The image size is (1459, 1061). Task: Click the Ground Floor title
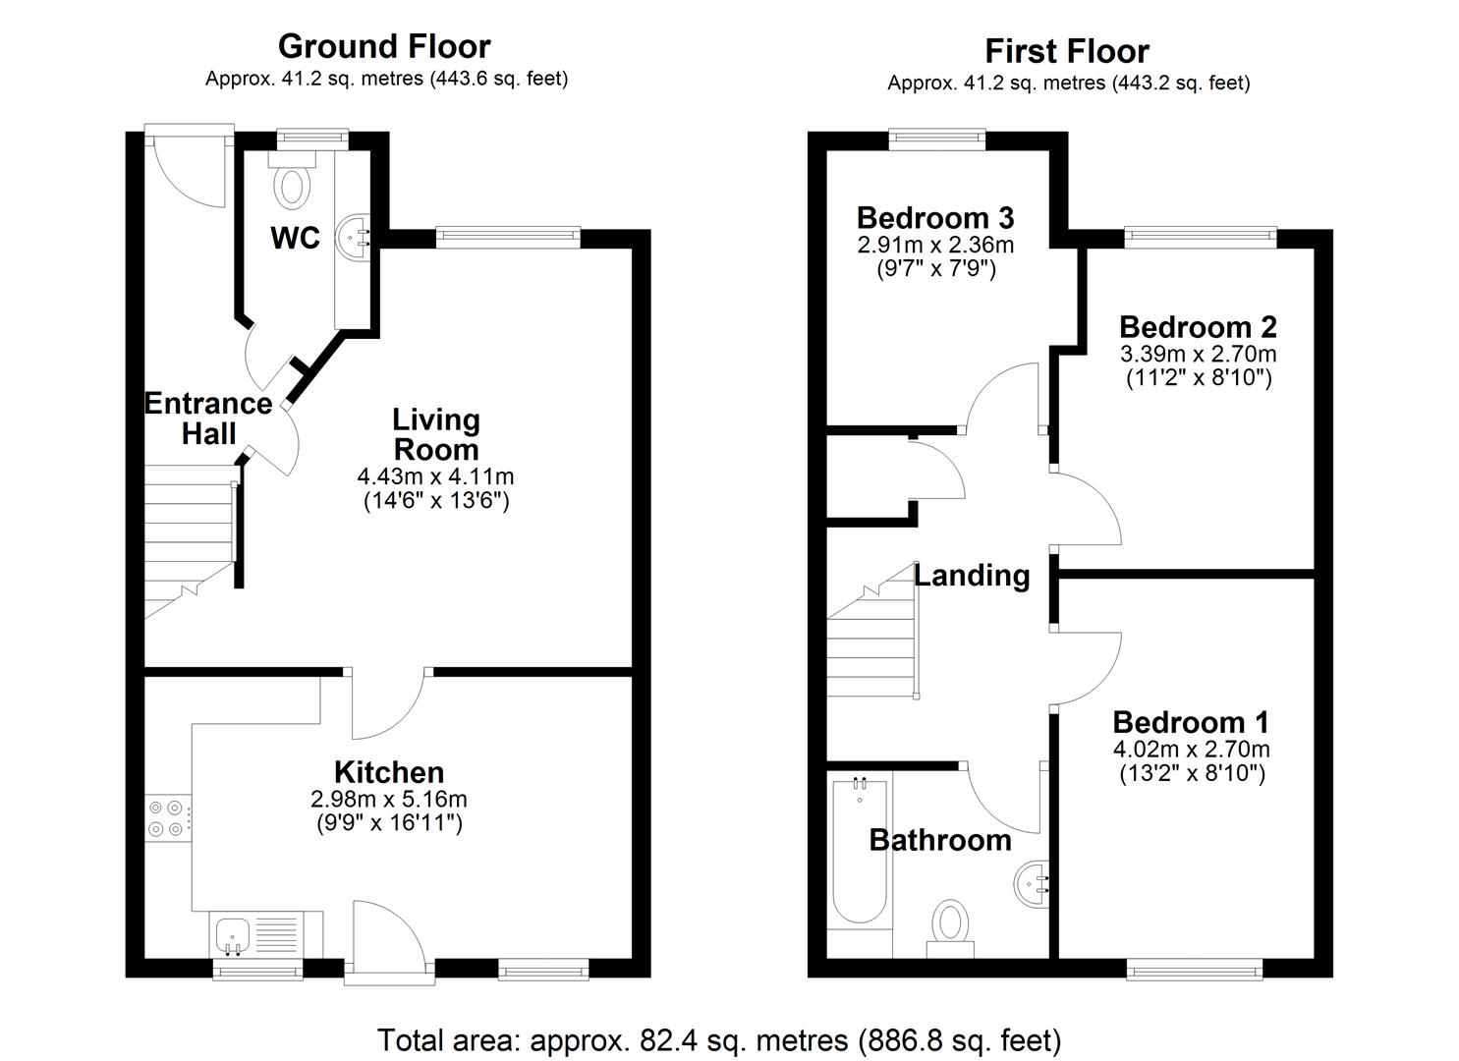[384, 46]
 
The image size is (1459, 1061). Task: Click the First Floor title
[1067, 51]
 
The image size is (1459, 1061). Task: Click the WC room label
[296, 238]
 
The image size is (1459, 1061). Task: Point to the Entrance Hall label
[208, 419]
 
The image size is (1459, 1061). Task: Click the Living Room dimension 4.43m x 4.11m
[435, 477]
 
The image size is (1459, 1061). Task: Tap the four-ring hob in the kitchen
[166, 818]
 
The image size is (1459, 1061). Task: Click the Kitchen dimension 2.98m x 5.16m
[388, 799]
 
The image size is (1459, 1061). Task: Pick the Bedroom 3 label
[934, 217]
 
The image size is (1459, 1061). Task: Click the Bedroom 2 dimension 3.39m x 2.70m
[1198, 354]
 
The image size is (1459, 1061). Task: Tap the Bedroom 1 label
[1191, 722]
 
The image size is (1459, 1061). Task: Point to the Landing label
[972, 576]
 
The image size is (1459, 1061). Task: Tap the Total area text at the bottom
[719, 1039]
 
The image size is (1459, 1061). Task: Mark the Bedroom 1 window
[1195, 970]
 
